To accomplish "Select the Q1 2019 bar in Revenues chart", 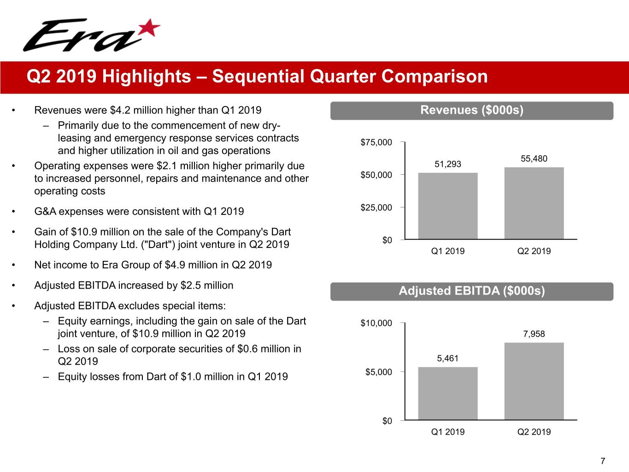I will click(x=447, y=206).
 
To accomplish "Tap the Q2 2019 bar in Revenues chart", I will click(x=534, y=203).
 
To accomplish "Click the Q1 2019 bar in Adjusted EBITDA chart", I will click(x=447, y=393).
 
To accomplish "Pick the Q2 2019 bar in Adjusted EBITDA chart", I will click(x=534, y=381).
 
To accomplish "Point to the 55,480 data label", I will click(x=534, y=159).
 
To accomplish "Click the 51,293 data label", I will click(x=447, y=164).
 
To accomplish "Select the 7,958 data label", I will click(x=534, y=334).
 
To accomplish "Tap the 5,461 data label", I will click(x=447, y=358).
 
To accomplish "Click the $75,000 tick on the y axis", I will click(x=376, y=142).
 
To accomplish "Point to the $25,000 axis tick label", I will click(x=376, y=207).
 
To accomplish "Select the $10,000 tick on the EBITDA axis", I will click(x=376, y=323).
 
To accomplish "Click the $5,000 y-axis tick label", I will click(x=378, y=372).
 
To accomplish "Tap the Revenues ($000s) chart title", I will click(x=471, y=110).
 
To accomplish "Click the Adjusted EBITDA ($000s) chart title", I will click(x=471, y=291).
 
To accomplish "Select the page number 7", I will click(x=603, y=461).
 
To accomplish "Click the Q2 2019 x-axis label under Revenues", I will click(x=534, y=251).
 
